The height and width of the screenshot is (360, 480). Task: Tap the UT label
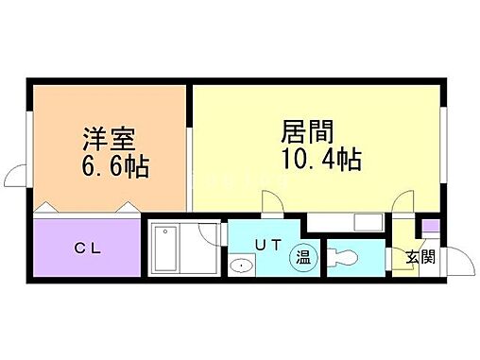click(x=267, y=244)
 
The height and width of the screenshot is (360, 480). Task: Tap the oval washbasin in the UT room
click(x=243, y=266)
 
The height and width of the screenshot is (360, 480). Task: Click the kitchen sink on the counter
click(x=363, y=223)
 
